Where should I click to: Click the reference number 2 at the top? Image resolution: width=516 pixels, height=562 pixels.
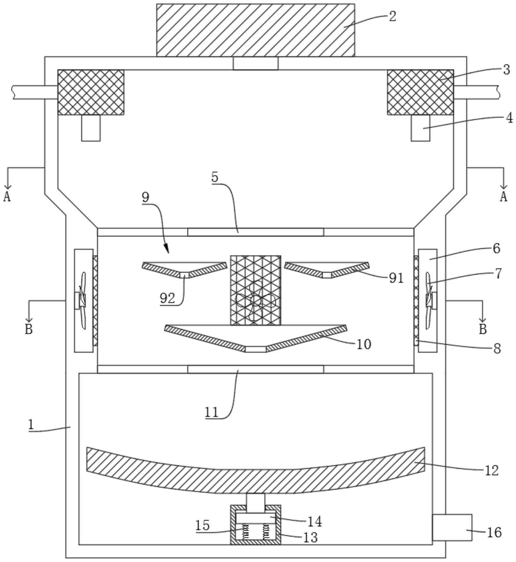392,16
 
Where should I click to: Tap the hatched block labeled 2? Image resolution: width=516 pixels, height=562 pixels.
256,30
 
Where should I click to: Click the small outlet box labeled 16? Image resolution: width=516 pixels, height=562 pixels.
452,527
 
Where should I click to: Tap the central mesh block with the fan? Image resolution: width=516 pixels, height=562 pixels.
256,290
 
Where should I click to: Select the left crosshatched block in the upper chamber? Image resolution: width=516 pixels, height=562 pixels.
91,92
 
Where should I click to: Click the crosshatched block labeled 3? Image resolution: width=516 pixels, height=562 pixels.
420,92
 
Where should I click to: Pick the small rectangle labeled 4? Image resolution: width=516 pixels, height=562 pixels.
420,128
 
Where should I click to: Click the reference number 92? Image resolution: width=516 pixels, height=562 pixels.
167,299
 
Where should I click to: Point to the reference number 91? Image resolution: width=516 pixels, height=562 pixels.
396,278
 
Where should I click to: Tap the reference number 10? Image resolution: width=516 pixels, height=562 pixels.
364,344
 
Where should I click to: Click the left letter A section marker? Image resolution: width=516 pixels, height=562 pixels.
7,196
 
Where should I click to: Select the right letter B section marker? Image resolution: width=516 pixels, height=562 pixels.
483,329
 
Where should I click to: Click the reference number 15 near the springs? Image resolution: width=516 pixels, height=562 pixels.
203,525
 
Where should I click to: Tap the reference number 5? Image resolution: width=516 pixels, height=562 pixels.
215,177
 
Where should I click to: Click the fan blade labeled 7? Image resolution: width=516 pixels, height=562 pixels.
428,300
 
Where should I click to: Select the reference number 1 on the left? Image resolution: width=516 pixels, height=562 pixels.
31,425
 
